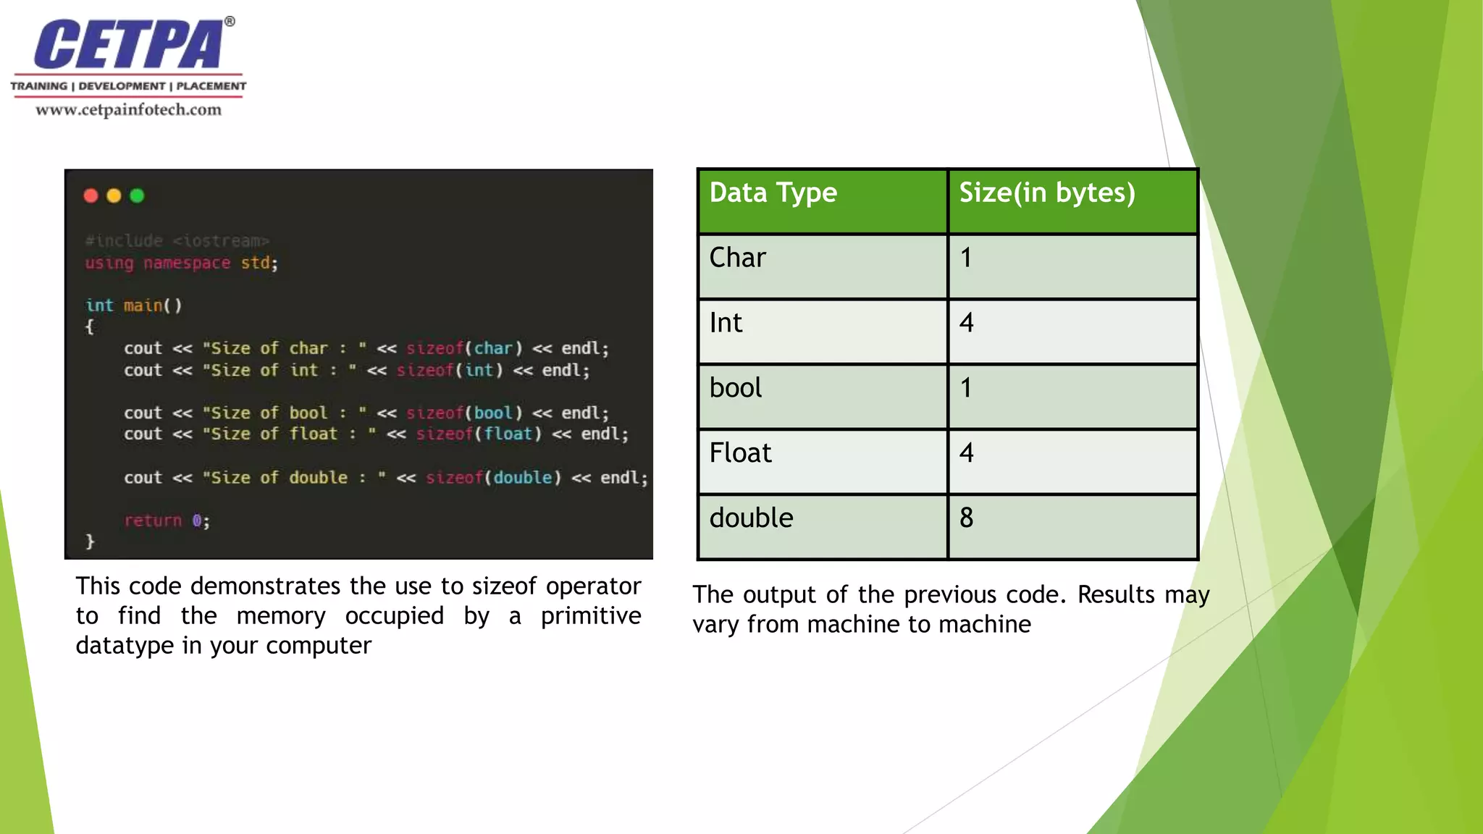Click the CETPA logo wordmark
click(x=129, y=45)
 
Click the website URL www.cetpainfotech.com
click(x=128, y=110)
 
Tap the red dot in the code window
click(x=91, y=195)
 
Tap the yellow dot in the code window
click(x=114, y=195)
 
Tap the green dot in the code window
click(x=137, y=195)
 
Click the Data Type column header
click(x=773, y=193)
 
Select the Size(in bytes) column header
click(x=1046, y=193)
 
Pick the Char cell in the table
click(x=737, y=258)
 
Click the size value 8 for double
click(x=966, y=518)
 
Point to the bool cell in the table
click(x=735, y=389)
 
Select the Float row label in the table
click(x=740, y=454)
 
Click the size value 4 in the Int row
click(x=966, y=324)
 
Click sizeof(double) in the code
click(x=493, y=478)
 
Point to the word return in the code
click(x=153, y=521)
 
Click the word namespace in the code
click(x=187, y=263)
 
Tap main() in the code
click(x=152, y=306)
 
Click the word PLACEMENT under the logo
click(x=211, y=86)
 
